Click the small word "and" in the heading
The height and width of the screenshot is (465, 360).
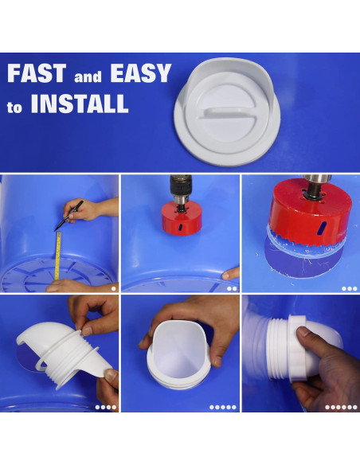[88, 78]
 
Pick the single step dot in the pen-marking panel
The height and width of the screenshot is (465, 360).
[113, 288]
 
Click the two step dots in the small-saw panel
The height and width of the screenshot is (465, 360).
[232, 288]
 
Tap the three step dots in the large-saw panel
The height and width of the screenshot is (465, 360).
[349, 288]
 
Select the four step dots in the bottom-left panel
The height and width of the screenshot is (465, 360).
[105, 407]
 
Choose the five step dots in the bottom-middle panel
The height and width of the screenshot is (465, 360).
[223, 407]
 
